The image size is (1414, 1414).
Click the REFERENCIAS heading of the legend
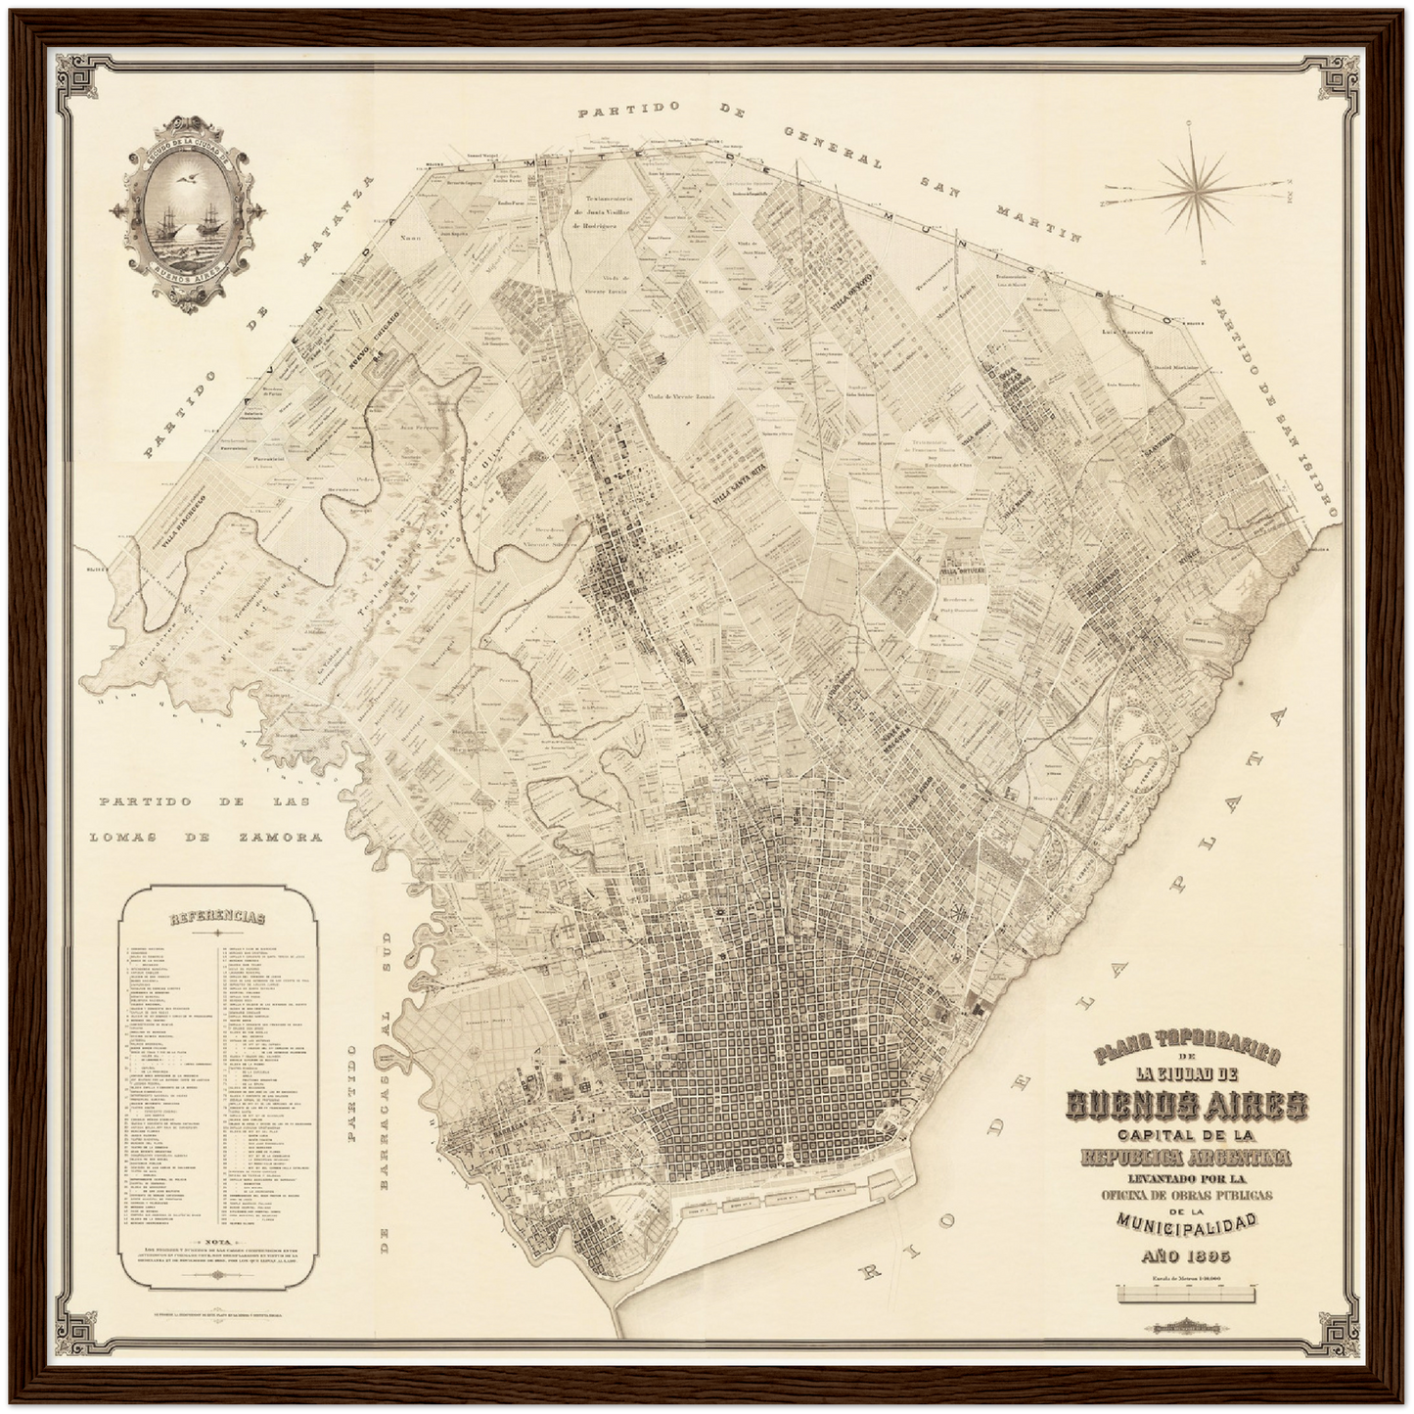[217, 918]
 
